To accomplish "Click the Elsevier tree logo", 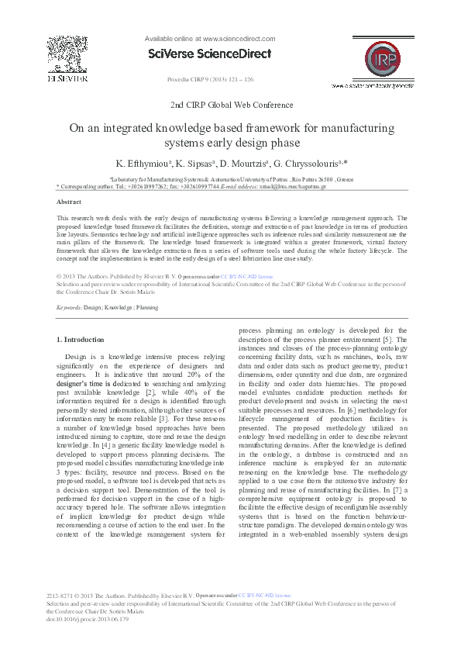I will pos(67,54).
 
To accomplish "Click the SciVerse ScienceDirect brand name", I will pos(209,54).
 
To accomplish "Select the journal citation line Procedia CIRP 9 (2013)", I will pos(210,80).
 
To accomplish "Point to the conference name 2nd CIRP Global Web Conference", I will pos(231,103).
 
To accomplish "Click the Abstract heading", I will pos(70,200).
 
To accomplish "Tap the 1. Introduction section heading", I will pos(81,340).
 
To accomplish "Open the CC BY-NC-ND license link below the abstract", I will pos(246,275).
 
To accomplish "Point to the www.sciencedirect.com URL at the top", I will pos(238,38).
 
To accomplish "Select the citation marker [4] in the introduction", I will pos(105,439).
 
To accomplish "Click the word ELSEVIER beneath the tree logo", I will pos(67,78).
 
